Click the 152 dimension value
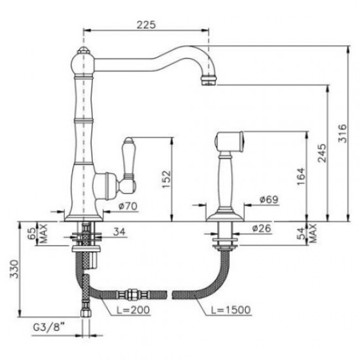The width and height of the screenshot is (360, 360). point(166,177)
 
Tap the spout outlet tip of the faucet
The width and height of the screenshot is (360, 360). point(207,81)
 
